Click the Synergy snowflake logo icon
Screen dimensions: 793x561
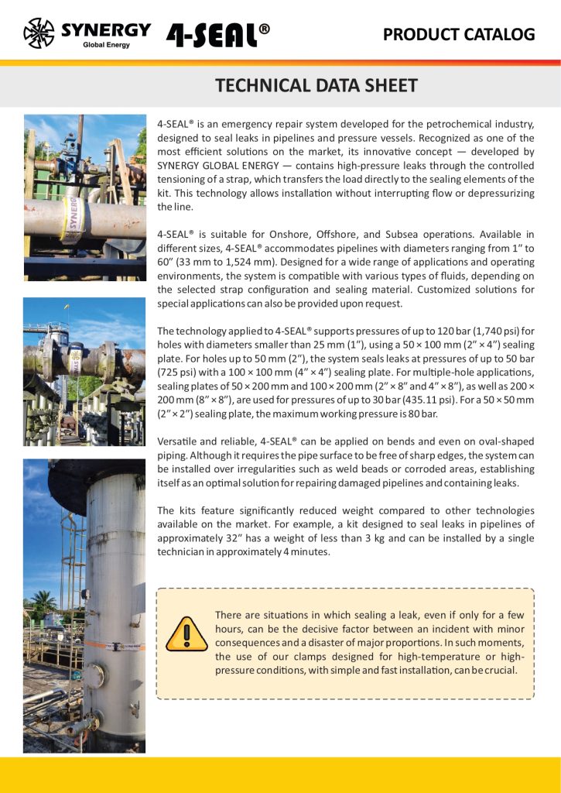[x=39, y=33]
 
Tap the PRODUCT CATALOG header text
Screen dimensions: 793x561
[x=459, y=34]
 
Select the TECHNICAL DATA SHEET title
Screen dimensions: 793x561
[x=316, y=85]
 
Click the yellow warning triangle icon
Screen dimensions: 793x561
[x=186, y=633]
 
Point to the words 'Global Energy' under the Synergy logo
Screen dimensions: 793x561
[x=106, y=45]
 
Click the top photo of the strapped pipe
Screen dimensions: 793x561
[x=84, y=197]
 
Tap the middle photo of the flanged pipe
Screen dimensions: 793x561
[x=84, y=371]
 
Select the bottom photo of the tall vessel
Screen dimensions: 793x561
[x=84, y=606]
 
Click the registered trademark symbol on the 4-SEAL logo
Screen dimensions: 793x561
[x=265, y=29]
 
